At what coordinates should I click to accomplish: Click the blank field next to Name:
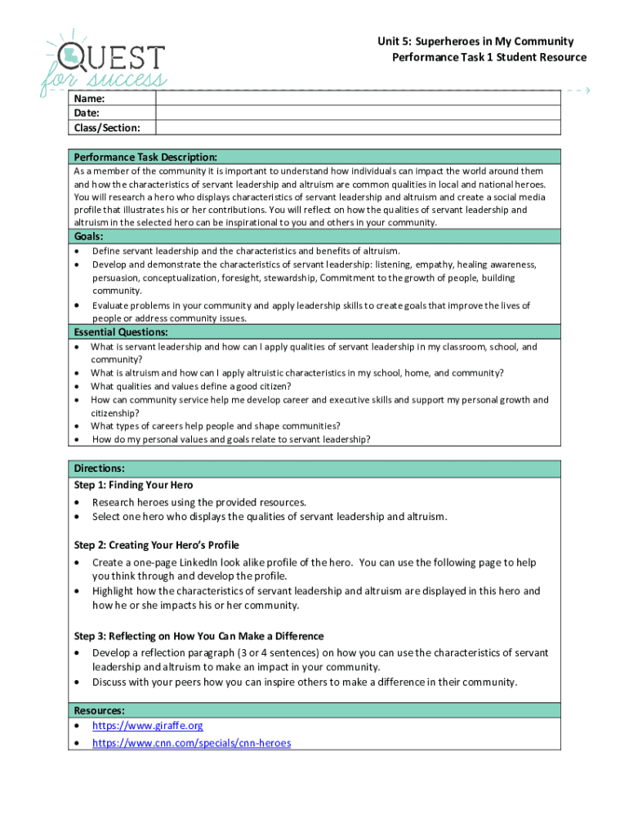tap(357, 99)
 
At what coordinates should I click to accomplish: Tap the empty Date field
tap(357, 113)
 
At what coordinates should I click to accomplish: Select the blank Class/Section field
tap(357, 127)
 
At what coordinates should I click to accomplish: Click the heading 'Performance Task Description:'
tap(145, 157)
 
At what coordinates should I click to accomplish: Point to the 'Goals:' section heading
tap(90, 237)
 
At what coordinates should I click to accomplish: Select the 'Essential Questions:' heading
tap(121, 332)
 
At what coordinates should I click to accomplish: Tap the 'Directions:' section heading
tap(100, 469)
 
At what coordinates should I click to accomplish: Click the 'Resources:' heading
tap(100, 710)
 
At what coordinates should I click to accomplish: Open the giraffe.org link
tap(148, 726)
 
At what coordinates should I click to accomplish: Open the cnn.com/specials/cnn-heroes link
tap(191, 743)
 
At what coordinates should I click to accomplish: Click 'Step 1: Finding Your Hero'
tap(133, 485)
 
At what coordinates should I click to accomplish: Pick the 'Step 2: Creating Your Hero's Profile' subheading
tap(156, 545)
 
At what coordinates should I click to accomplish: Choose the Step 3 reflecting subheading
tap(199, 636)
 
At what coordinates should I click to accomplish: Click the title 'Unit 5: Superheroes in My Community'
tap(475, 41)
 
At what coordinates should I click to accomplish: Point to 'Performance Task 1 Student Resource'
tap(489, 57)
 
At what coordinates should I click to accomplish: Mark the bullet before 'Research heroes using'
tap(78, 503)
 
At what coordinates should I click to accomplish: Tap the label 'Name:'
tap(89, 99)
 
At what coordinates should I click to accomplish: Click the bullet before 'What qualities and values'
tap(78, 387)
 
